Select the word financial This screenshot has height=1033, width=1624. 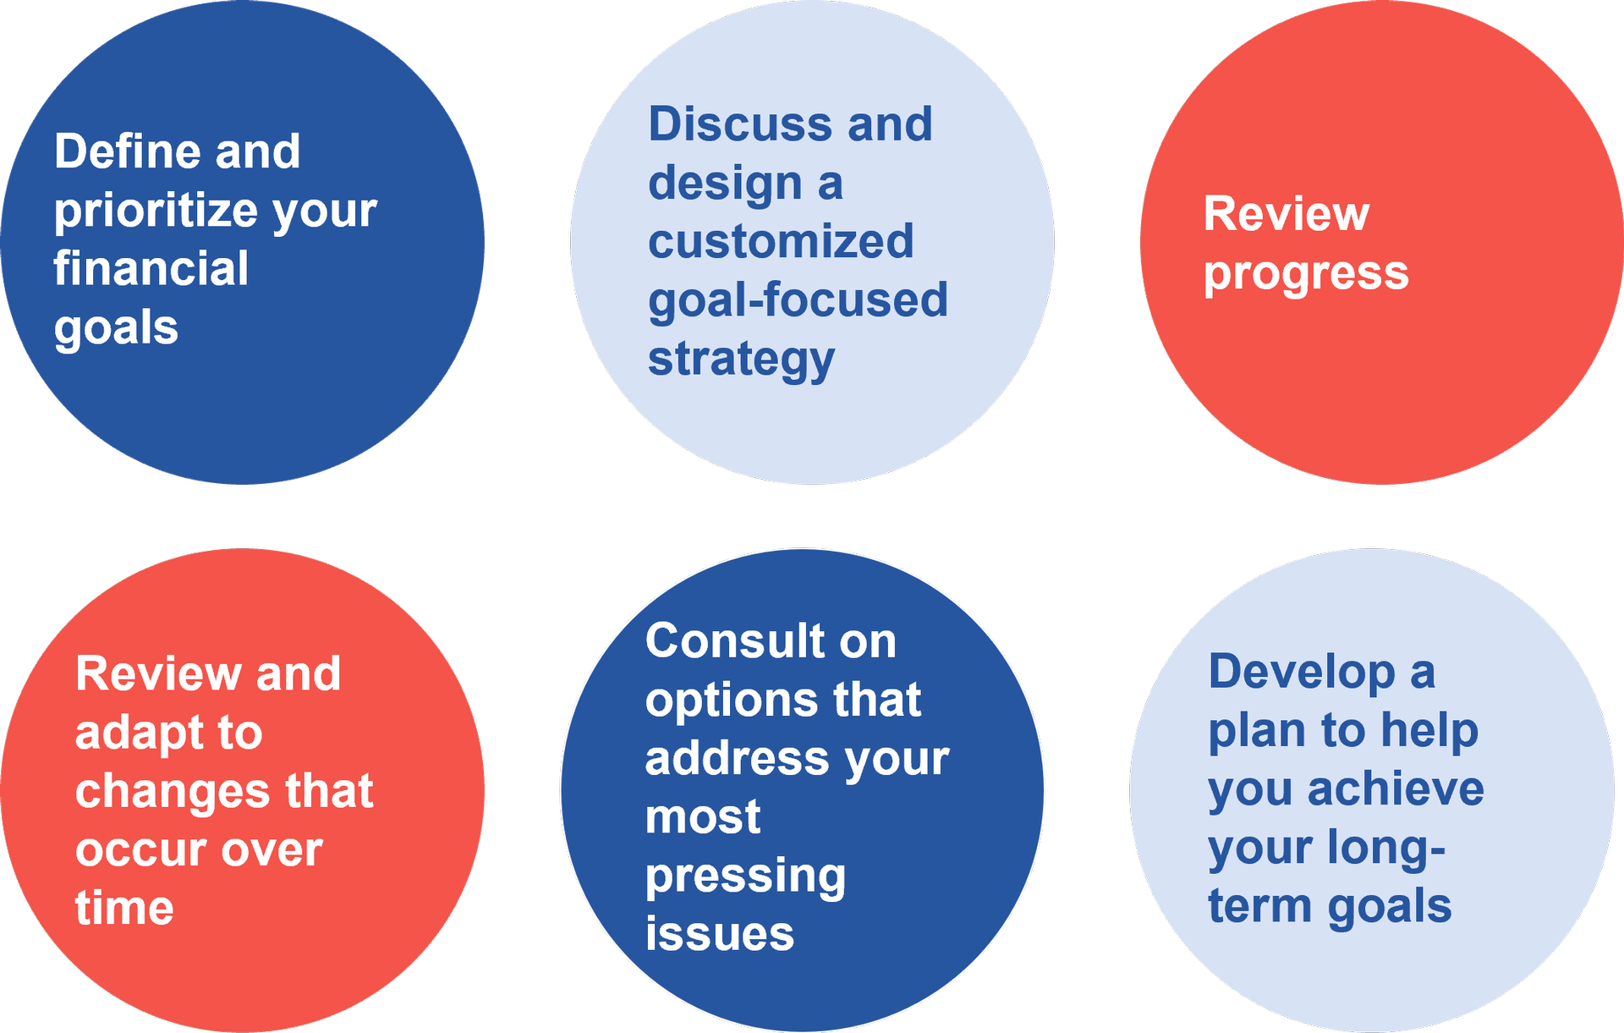151,268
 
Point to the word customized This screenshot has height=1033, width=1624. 782,241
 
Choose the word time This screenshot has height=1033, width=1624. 124,908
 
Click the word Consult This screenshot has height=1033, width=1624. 735,640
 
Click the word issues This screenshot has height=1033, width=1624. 720,933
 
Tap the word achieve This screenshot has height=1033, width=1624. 1396,788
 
